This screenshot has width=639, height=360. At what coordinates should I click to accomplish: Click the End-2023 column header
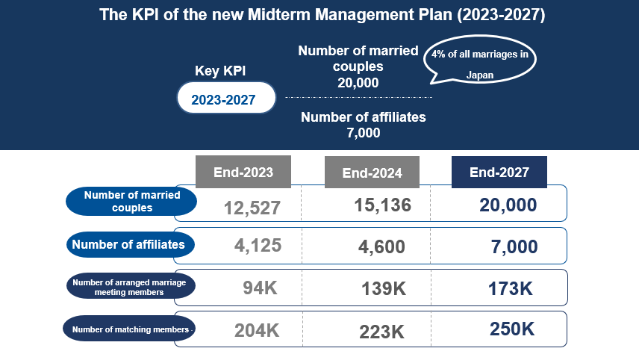[243, 172]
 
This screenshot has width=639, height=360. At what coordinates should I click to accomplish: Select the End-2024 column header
[372, 172]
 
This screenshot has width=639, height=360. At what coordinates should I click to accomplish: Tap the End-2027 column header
[499, 172]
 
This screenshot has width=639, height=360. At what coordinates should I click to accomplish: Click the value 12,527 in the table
[252, 208]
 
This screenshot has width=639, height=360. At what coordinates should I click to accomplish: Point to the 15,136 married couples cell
[383, 205]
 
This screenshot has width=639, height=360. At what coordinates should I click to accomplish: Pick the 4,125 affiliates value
[258, 246]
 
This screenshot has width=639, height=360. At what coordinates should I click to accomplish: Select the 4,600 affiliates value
[381, 246]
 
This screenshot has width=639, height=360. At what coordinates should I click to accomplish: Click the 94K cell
[260, 288]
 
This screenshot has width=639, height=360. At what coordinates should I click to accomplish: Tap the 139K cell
[384, 288]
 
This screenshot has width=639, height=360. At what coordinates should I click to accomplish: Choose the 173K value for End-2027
[510, 288]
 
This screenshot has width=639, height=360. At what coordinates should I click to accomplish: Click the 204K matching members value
[257, 330]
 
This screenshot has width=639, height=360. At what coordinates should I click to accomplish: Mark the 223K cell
[382, 332]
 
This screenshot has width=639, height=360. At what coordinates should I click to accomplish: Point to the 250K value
[512, 329]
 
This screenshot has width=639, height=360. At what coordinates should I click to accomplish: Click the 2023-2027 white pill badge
[226, 98]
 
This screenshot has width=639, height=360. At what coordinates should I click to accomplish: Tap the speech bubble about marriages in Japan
[480, 60]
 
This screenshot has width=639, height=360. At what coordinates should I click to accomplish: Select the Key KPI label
[220, 70]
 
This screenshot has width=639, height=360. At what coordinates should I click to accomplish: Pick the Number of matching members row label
[129, 329]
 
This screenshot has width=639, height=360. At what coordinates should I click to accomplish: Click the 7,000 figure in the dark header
[363, 133]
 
